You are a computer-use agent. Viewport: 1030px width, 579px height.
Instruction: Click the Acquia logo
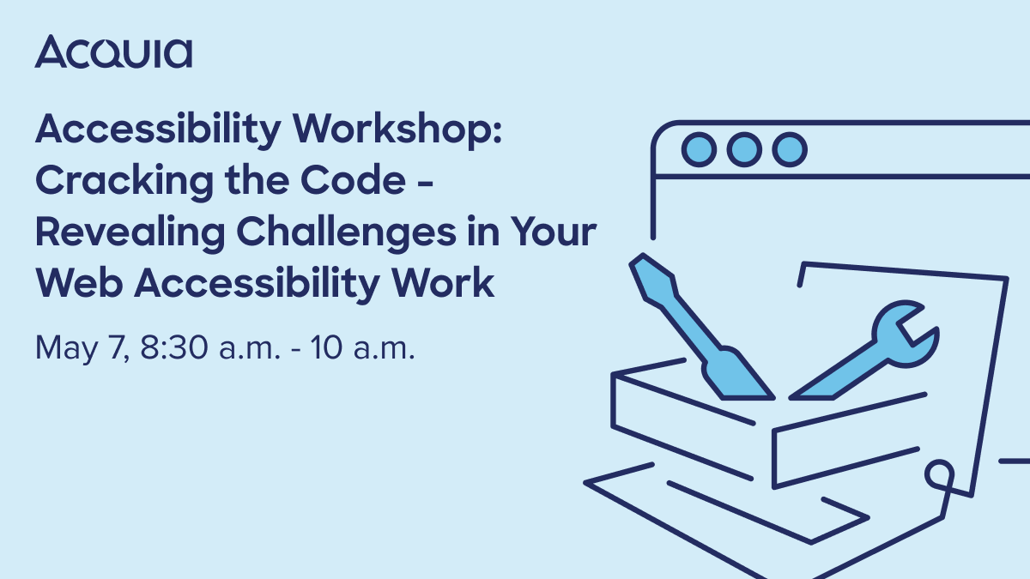pos(113,52)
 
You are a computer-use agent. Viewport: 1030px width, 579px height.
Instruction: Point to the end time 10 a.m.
pos(364,348)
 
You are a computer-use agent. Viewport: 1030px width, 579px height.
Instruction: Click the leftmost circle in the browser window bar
pos(699,150)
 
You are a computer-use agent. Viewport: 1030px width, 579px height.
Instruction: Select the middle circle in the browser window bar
pos(743,150)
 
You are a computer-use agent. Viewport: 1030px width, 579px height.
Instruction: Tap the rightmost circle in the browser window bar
pos(788,150)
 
